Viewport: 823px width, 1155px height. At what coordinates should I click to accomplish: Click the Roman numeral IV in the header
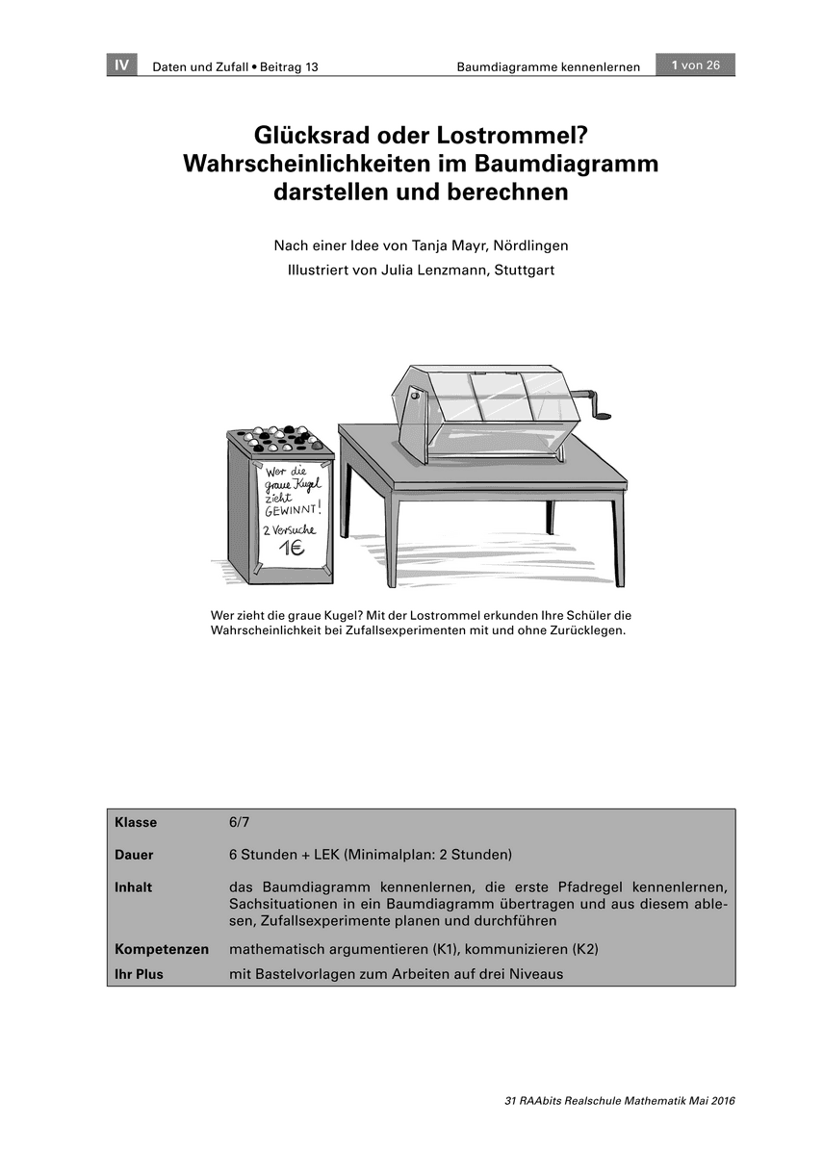click(121, 65)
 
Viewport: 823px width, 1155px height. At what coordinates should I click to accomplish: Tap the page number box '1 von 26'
click(695, 65)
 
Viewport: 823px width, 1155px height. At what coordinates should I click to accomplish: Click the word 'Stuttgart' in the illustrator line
click(524, 270)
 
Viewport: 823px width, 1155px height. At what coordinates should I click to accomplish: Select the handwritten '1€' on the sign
click(293, 551)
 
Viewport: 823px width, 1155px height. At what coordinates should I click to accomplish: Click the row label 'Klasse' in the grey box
click(136, 823)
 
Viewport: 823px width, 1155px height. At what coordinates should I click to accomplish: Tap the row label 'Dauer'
click(134, 855)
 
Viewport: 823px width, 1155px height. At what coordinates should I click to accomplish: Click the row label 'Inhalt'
click(133, 887)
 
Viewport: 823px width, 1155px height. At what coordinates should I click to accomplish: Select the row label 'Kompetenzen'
click(162, 950)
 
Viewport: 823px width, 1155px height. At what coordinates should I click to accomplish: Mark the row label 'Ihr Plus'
click(139, 974)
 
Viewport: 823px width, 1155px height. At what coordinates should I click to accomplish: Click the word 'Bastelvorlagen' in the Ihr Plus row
click(305, 974)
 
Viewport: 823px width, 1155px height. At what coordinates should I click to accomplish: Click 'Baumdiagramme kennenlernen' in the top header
click(548, 66)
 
